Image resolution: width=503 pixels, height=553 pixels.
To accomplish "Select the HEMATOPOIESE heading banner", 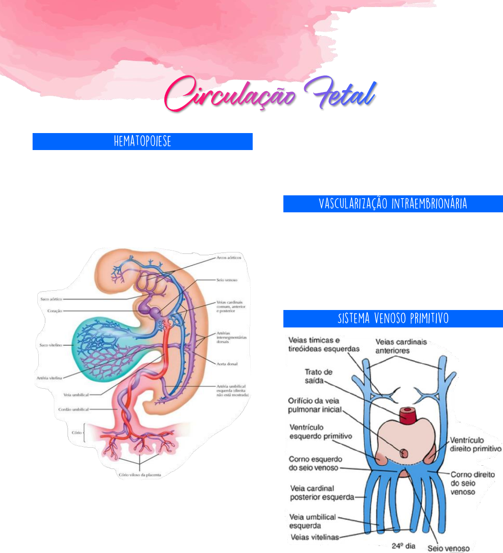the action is click(x=142, y=142).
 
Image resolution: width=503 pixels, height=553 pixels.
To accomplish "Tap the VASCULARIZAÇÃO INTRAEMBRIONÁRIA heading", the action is click(x=393, y=204).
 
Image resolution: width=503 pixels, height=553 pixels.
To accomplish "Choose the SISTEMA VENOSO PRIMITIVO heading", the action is click(x=393, y=318).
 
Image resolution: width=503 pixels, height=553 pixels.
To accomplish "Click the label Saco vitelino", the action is click(x=50, y=345).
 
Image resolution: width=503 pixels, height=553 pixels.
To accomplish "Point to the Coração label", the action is click(x=55, y=311).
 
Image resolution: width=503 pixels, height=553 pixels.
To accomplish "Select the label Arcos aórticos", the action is click(x=229, y=258).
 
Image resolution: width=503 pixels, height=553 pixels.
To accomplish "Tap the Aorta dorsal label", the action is click(x=227, y=364).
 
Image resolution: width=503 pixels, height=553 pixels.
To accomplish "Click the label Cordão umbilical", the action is click(x=73, y=410).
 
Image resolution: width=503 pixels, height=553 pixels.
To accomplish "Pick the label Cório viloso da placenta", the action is click(x=139, y=475).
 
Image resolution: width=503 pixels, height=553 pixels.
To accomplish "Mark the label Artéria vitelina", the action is click(x=49, y=378).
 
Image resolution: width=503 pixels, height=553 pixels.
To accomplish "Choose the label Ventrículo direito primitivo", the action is click(x=475, y=444).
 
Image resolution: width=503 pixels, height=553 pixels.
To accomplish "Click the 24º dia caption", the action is click(x=403, y=546).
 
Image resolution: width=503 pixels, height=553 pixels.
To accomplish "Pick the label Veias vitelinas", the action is click(x=315, y=537).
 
